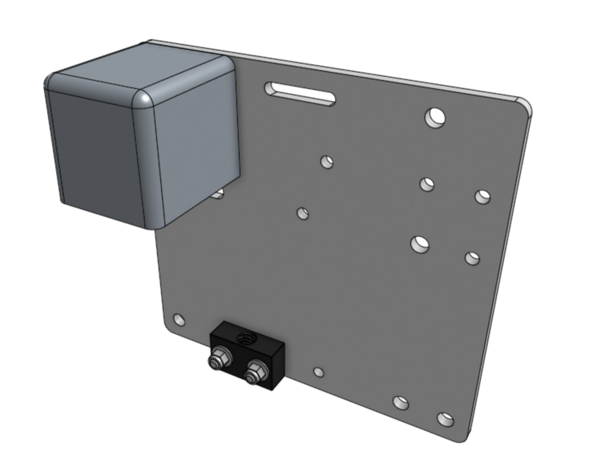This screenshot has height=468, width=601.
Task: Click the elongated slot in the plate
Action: [300, 94]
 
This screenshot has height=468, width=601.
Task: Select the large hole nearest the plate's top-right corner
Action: [435, 117]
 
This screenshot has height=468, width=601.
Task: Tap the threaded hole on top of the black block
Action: [246, 338]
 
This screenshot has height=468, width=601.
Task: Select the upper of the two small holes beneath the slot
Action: [327, 162]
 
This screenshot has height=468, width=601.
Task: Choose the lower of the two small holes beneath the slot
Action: [303, 213]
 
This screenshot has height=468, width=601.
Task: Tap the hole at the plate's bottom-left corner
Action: [179, 320]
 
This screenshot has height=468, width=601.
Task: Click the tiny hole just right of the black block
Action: [319, 372]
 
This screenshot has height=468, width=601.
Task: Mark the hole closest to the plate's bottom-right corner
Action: [445, 419]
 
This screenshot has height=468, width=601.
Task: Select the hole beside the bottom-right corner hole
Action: [401, 403]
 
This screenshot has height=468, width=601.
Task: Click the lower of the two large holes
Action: [420, 244]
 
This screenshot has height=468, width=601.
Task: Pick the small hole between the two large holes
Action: [427, 184]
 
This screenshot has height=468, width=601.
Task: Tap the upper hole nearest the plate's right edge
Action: [482, 196]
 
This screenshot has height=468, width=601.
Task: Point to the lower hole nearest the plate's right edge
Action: [473, 258]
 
